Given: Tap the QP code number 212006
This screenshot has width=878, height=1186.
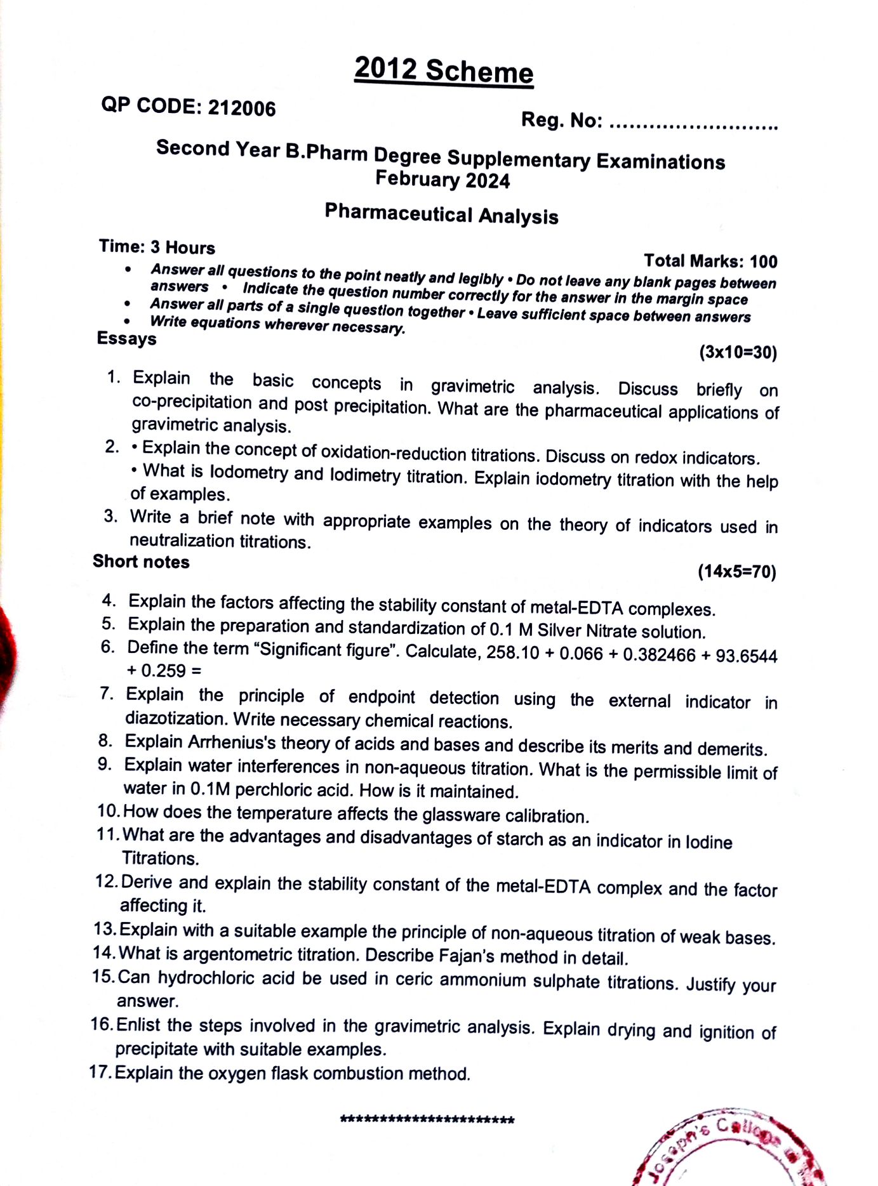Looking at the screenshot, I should pos(242,108).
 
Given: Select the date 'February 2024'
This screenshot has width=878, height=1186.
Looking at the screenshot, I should pos(442,180).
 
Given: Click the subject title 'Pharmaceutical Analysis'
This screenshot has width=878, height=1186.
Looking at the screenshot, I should pos(441,214).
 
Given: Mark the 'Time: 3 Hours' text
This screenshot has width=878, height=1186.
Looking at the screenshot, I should pos(157,246).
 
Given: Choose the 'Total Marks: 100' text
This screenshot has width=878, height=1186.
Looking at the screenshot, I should pos(710,261).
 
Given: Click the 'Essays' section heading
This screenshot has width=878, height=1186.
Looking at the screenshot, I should pos(126,338).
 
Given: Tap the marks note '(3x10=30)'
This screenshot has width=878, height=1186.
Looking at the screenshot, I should pos(738,352).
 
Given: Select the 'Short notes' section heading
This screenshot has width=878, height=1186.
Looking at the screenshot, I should pos(141,562).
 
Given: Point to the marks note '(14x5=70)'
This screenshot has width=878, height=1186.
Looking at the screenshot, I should pos(736,572).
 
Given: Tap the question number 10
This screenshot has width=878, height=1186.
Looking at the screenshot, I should pos(108,811).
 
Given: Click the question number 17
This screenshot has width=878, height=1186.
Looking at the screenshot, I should pos(100,1072).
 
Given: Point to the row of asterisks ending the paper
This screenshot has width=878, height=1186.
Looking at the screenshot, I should pos(427,1119).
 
